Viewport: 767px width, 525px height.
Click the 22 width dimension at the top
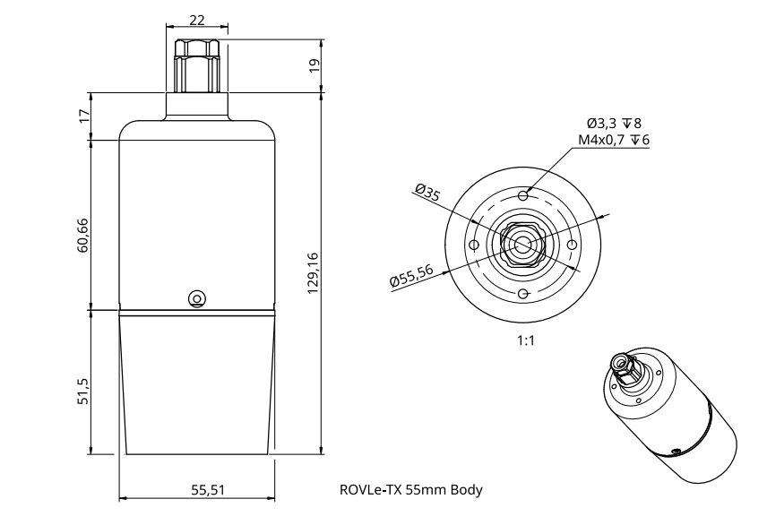tap(196, 20)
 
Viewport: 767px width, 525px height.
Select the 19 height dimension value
tap(315, 65)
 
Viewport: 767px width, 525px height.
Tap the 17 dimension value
tap(84, 116)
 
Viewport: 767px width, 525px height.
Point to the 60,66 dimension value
tap(82, 235)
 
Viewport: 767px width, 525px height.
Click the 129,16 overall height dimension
tap(313, 273)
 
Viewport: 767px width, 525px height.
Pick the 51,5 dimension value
tap(83, 391)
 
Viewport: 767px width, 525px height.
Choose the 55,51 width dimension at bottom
tap(208, 489)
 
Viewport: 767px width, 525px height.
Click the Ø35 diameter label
tap(427, 193)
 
